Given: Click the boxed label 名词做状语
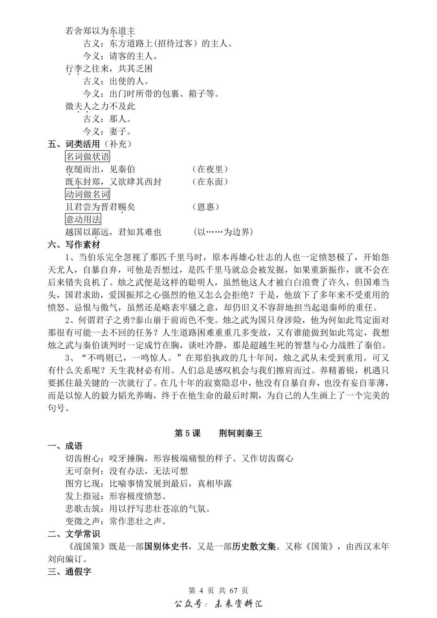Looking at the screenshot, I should point(87,156).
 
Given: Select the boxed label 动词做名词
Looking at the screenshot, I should point(87,194).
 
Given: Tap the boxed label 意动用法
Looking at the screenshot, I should point(83,219).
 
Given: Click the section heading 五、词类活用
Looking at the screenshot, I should point(74,144).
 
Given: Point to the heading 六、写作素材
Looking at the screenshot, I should point(74,245).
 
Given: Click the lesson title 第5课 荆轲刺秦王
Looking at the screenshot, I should point(218,433).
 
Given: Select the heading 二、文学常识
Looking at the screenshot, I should point(74,534).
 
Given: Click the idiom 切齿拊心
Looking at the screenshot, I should point(83,458).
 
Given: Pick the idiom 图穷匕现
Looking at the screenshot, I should point(83,484).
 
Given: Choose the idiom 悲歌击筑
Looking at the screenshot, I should point(83,509).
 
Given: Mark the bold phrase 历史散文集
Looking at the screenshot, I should point(254,546).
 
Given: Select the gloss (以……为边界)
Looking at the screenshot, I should point(223,232).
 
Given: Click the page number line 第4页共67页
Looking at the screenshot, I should point(218,590).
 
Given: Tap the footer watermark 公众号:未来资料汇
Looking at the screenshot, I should point(218,604).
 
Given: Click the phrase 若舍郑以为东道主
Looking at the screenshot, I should point(100,31).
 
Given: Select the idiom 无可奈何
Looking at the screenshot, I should point(83,471).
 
